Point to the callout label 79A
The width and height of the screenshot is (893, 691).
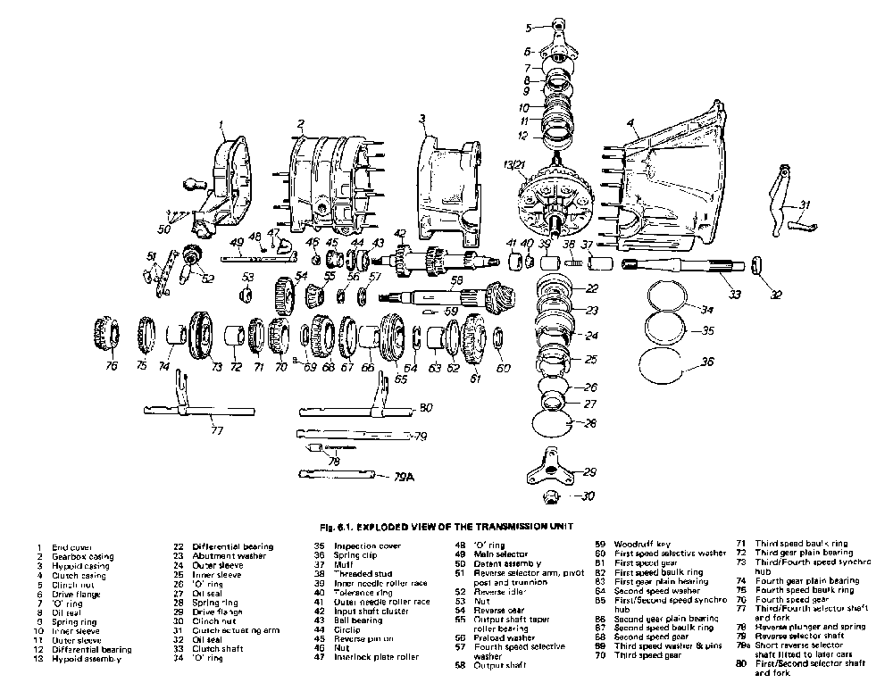404,478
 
